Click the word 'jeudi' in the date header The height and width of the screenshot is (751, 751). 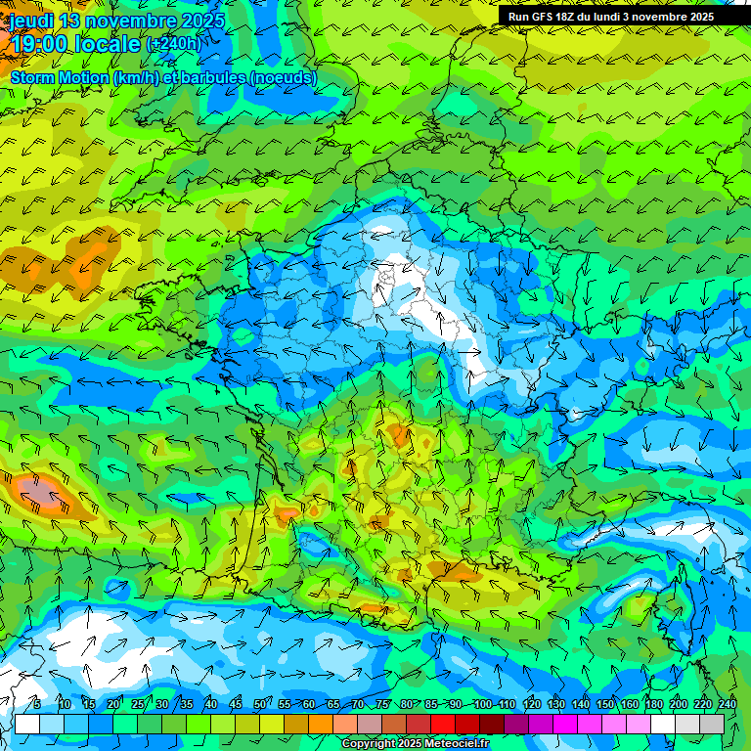coord(31,21)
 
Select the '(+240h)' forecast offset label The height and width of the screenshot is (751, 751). coord(173,44)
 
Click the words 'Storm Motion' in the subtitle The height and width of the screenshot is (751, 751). coord(60,77)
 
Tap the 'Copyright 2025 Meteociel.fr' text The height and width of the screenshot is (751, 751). coord(415,743)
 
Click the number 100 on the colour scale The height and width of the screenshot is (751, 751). coord(482,704)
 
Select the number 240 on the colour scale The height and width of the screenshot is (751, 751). coord(727,704)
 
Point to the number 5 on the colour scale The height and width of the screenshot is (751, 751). coord(36,704)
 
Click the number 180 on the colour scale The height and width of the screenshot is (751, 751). coord(653,704)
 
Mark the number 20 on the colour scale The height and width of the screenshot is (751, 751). coord(113,704)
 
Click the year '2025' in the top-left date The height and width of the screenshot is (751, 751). coord(201,21)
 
